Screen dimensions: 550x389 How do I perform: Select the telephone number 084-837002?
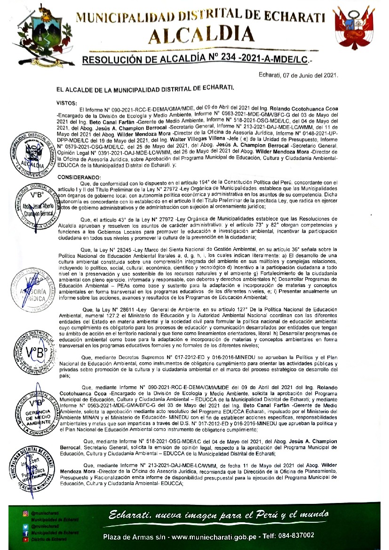point(295,536)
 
